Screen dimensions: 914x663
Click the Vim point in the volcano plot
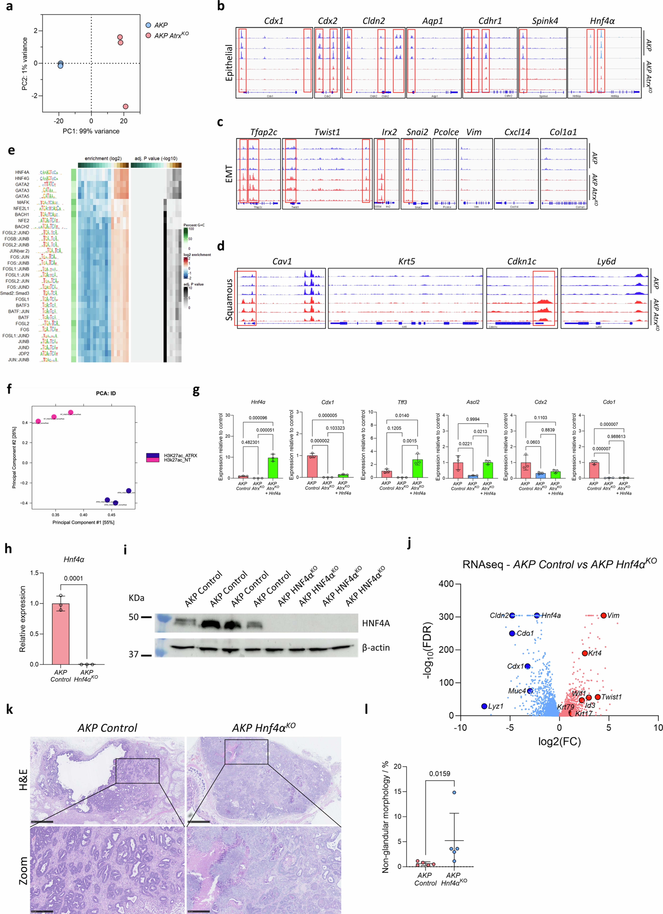603,615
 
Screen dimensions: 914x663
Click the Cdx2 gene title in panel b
327,21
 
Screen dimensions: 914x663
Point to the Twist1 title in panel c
327,132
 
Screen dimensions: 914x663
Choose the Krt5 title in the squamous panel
406,262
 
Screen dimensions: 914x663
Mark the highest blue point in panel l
454,792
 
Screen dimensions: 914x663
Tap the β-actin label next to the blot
376,648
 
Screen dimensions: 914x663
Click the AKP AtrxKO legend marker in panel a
148,35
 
